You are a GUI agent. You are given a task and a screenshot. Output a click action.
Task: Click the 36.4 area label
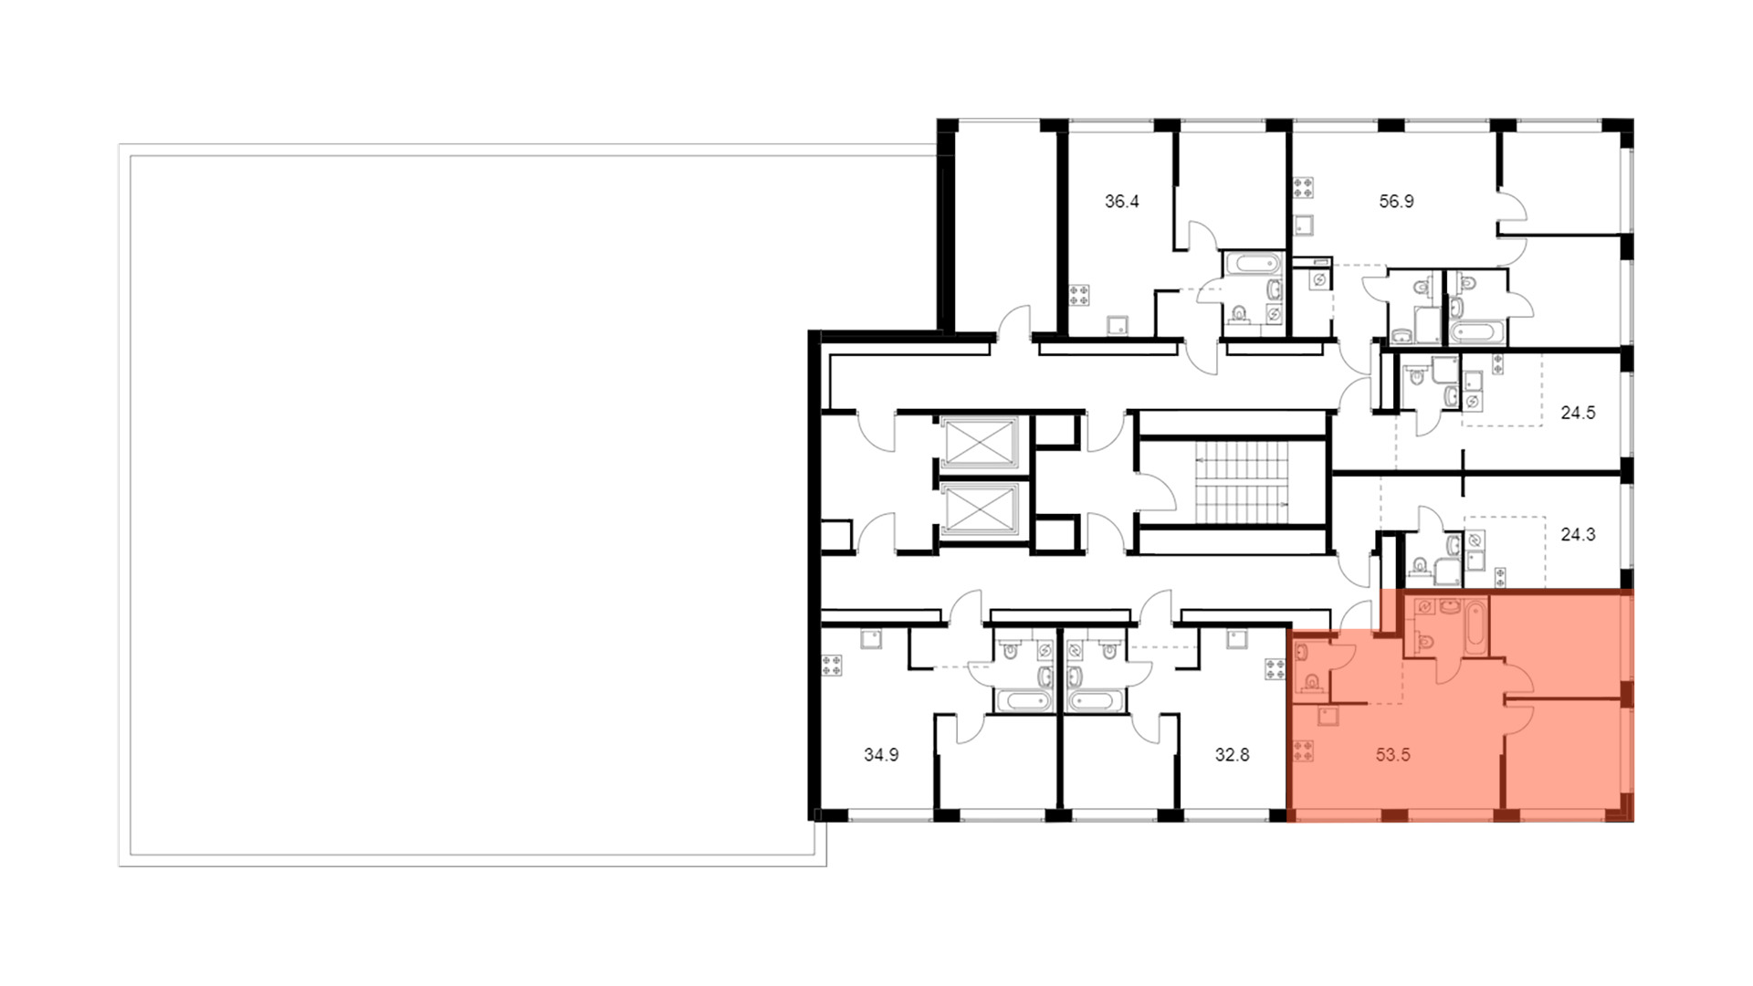tap(1121, 202)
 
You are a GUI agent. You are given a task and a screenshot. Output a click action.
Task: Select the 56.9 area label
tap(1396, 202)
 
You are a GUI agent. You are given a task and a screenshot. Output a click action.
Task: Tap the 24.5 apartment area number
tap(1578, 413)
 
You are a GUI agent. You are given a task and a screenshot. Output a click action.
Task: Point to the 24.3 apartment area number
tap(1578, 535)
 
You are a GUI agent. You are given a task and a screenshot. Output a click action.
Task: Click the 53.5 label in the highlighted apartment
tap(1393, 756)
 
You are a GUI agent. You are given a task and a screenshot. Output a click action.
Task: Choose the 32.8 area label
tap(1232, 756)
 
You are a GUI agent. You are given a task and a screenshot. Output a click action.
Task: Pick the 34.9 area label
tap(881, 756)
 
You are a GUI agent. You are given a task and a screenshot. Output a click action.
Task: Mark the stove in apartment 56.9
tap(1304, 189)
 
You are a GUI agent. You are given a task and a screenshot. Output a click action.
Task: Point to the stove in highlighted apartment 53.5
tap(1303, 751)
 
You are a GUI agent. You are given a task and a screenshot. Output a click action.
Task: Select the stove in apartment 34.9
tap(832, 666)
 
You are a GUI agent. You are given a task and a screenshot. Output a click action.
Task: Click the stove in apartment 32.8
tap(1274, 668)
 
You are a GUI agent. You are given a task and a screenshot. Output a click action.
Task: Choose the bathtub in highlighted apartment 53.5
tap(1476, 625)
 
